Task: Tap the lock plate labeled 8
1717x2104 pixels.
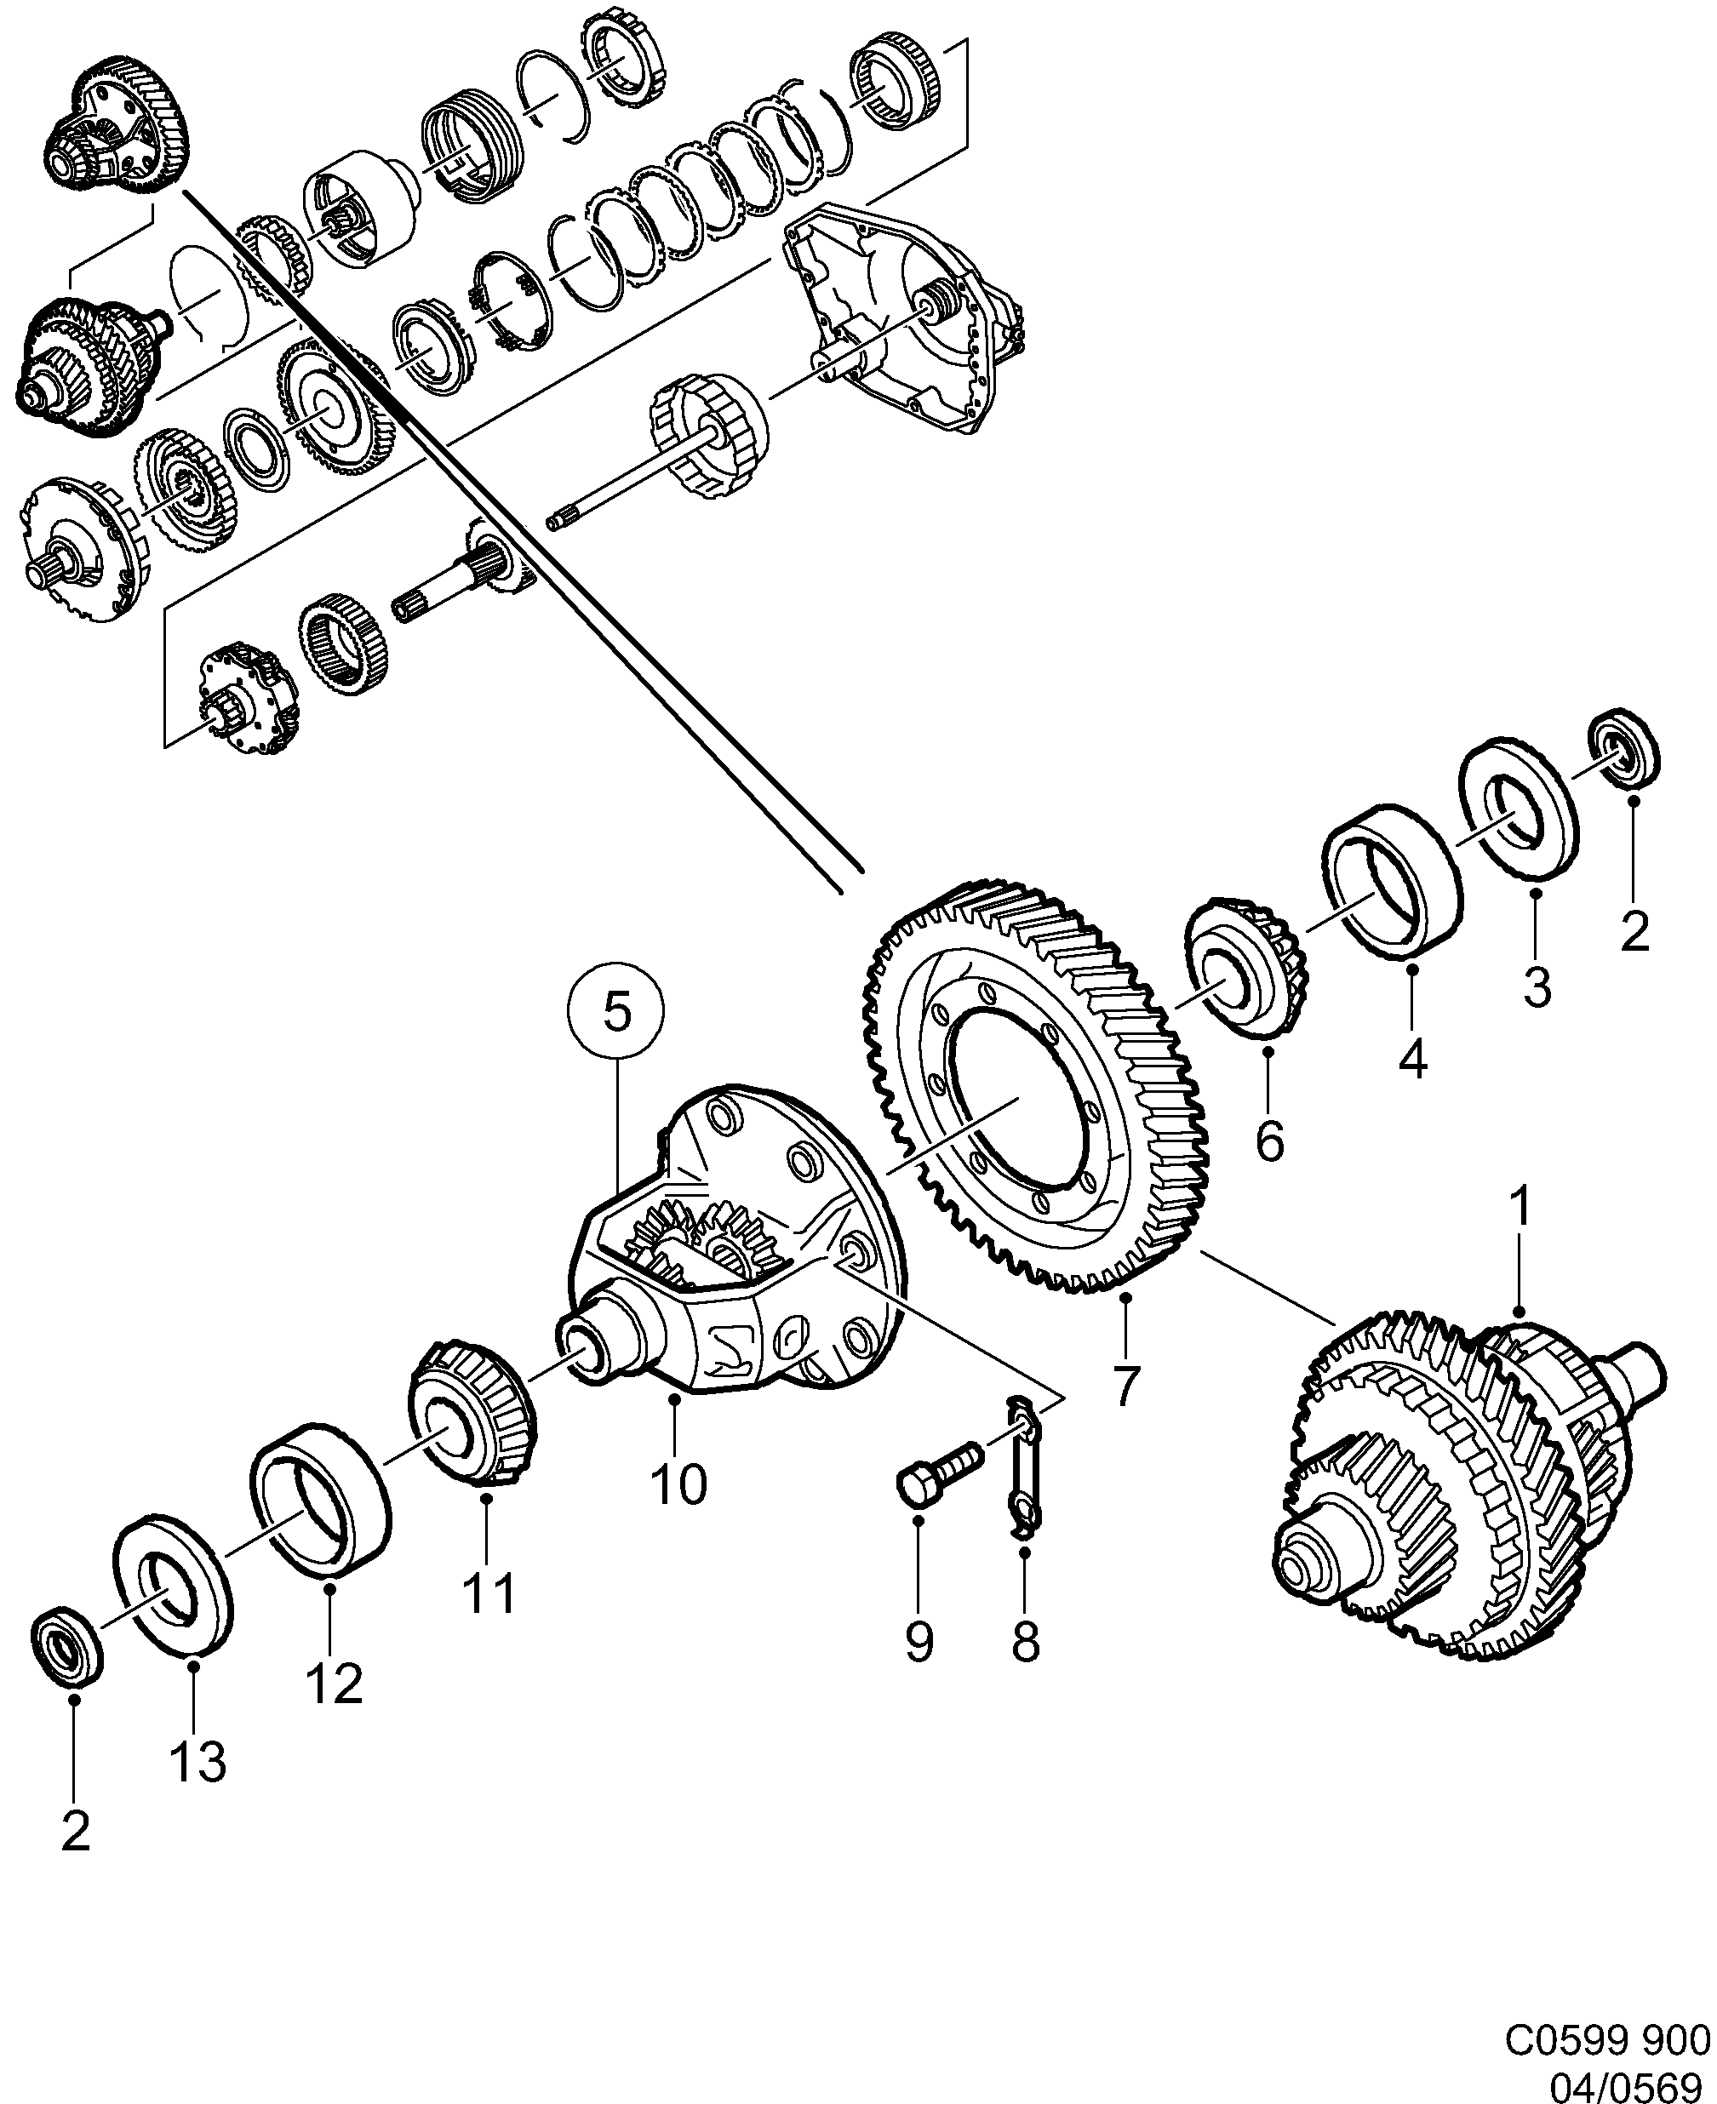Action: click(1022, 1480)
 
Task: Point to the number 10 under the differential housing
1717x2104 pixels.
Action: click(678, 1483)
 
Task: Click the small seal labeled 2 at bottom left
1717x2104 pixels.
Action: click(67, 1646)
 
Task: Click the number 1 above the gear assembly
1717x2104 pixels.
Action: click(1520, 1207)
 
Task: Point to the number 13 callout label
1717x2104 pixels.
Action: click(197, 1762)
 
